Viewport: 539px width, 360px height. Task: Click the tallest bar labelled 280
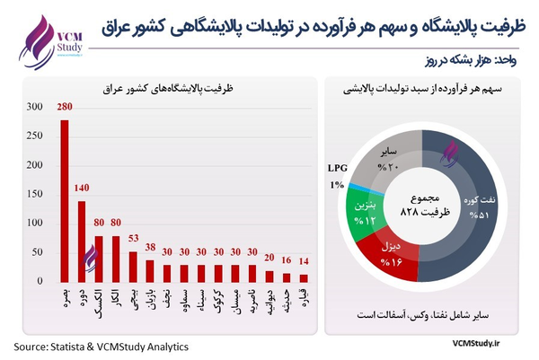[64, 202]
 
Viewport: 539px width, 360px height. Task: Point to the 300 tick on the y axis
[32, 108]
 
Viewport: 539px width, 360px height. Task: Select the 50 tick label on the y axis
[35, 254]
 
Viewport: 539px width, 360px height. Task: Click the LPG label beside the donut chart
[335, 167]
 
